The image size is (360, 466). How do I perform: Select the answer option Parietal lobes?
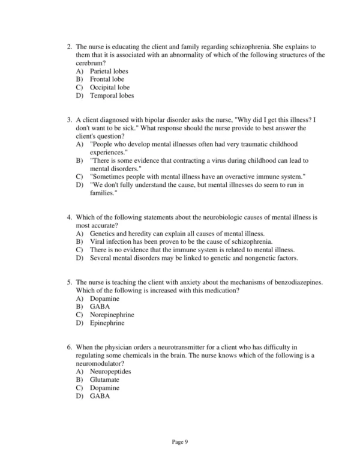[109, 71]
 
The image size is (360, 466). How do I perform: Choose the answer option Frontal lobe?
[107, 79]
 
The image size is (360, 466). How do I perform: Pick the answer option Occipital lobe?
[109, 87]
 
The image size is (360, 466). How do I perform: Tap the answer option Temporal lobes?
[112, 95]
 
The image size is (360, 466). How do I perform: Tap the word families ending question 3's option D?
[103, 192]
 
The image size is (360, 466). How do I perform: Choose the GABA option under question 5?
[100, 306]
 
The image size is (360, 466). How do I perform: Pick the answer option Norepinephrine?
[112, 315]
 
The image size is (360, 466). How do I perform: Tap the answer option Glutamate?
[105, 380]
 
